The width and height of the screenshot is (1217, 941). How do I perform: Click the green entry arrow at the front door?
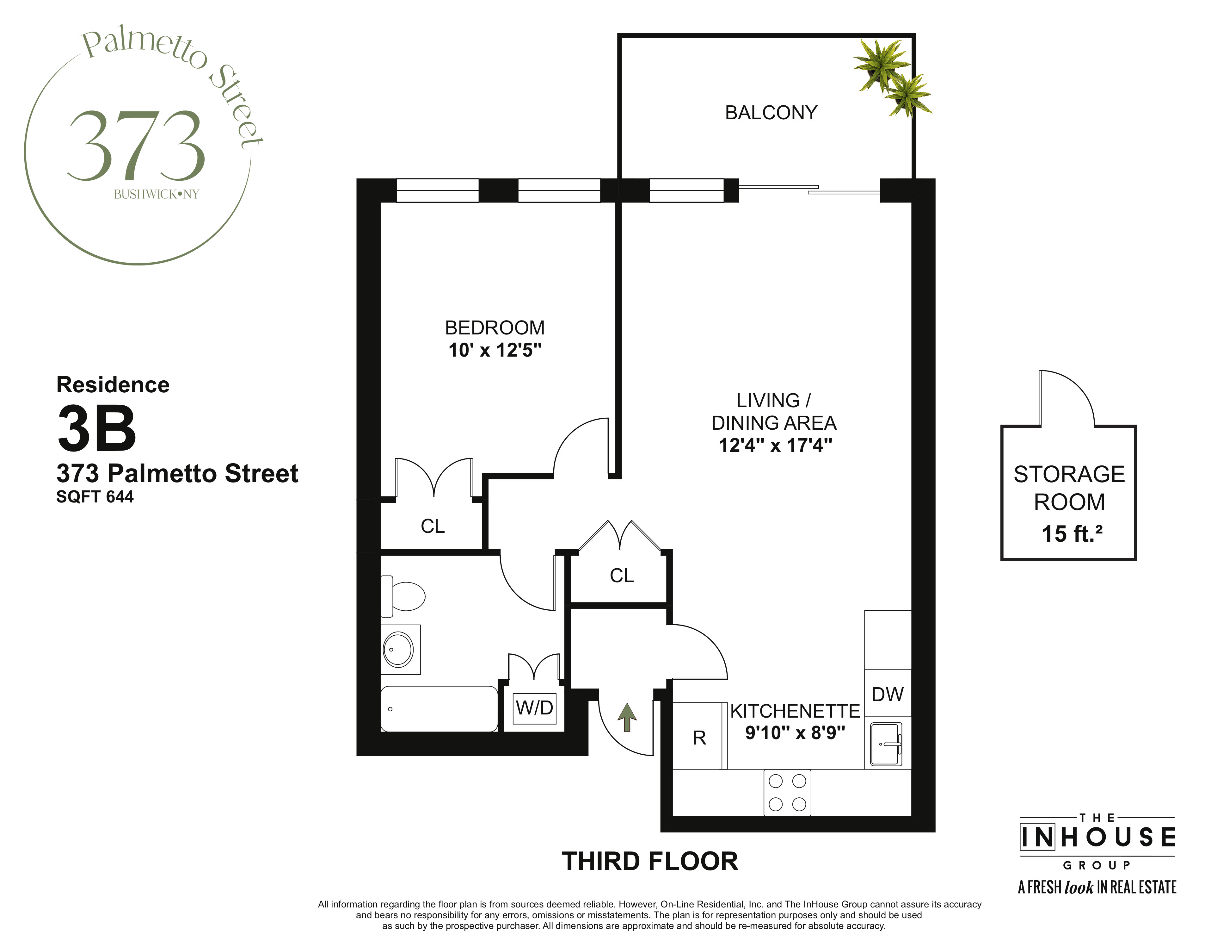627,717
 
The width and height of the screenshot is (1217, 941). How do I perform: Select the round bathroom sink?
398,650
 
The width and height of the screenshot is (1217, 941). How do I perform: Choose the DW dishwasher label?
887,695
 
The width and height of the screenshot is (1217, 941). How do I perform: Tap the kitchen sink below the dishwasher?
886,744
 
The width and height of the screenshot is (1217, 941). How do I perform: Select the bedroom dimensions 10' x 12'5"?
495,350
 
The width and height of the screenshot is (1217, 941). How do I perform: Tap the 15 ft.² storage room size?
1072,533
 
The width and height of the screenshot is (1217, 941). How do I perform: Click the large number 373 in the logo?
137,146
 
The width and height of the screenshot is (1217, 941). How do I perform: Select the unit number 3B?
97,428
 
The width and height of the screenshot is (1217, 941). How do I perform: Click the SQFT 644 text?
95,497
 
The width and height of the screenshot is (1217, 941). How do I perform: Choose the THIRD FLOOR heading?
650,861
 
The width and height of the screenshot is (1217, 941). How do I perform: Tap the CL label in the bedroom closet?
433,526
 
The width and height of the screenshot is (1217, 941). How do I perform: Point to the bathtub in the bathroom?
439,708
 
